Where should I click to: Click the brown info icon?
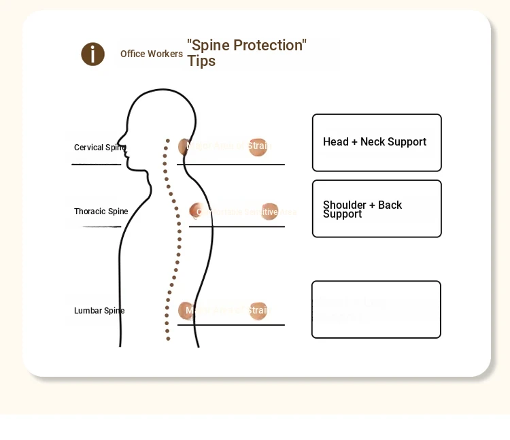[92, 54]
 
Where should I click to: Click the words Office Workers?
[152, 54]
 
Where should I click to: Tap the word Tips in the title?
[201, 61]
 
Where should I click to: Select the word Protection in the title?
[266, 46]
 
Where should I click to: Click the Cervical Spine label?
[99, 148]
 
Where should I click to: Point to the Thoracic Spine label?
[101, 211]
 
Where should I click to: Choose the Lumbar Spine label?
[99, 311]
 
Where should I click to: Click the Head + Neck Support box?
[377, 143]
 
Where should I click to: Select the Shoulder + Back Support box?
[377, 209]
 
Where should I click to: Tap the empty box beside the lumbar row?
[376, 309]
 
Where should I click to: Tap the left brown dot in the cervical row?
[184, 147]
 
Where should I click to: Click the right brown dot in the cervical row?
[258, 147]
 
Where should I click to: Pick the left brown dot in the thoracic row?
[196, 211]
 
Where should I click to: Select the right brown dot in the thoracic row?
[270, 211]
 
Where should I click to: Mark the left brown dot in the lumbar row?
[185, 311]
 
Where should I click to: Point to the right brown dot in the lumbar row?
[258, 311]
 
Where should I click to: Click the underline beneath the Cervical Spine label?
[96, 165]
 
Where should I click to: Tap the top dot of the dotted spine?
[167, 141]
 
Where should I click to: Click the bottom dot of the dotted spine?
[168, 339]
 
